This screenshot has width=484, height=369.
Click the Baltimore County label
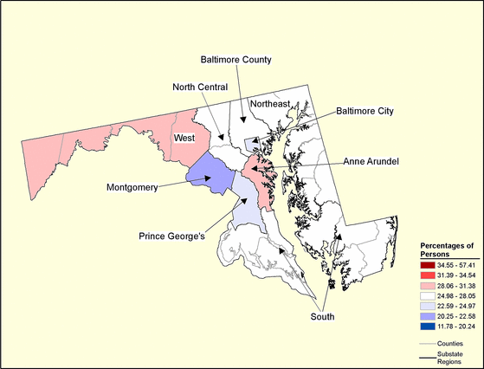coord(236,60)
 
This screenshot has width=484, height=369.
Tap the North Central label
coord(200,87)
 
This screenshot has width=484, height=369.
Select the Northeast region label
coord(269,104)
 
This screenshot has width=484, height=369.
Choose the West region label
coord(184,138)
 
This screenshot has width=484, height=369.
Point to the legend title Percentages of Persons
coord(448,249)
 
